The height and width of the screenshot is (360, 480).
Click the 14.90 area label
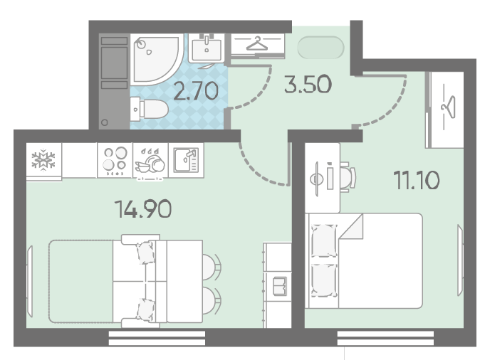pos(143,209)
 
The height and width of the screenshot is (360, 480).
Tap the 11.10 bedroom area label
pos(417,180)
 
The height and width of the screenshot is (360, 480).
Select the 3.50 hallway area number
pos(308,84)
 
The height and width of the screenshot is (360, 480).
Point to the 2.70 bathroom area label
pos(196,91)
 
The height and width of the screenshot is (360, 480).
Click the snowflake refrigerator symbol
pos(43,159)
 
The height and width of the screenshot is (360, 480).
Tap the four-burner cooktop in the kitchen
pos(115,160)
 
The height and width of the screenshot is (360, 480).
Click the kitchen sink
pos(186,160)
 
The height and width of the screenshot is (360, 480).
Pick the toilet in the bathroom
pos(149,109)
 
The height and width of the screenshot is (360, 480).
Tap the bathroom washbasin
pos(207,48)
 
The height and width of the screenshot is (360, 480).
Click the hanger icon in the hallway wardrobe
pos(257,43)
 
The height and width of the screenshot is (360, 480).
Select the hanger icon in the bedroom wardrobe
pos(449,107)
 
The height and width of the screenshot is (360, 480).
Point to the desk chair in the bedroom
pos(348,177)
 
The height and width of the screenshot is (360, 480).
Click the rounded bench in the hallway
pos(320,47)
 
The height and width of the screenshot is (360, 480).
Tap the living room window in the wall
pos(157,338)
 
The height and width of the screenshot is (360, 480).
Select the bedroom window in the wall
pos(385,338)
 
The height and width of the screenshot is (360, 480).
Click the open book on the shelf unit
pos(279,286)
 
